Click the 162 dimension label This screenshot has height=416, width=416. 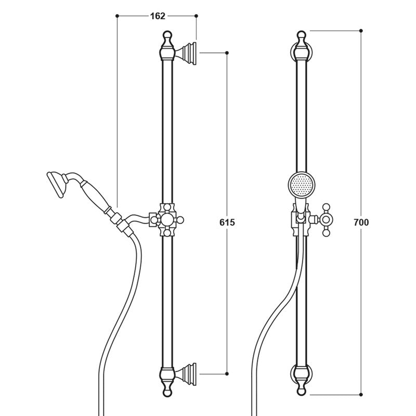point(157,16)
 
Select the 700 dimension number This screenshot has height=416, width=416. point(361,222)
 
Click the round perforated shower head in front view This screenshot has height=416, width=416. point(301,187)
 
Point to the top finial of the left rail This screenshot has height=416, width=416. point(166,37)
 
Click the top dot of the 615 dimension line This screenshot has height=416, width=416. point(228,53)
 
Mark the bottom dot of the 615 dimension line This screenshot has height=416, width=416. point(228,373)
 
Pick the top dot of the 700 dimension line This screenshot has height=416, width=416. point(361,31)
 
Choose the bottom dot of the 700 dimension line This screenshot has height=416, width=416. point(361,395)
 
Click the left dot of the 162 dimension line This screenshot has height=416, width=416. point(117,16)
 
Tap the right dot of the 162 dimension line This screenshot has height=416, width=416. point(197,16)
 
